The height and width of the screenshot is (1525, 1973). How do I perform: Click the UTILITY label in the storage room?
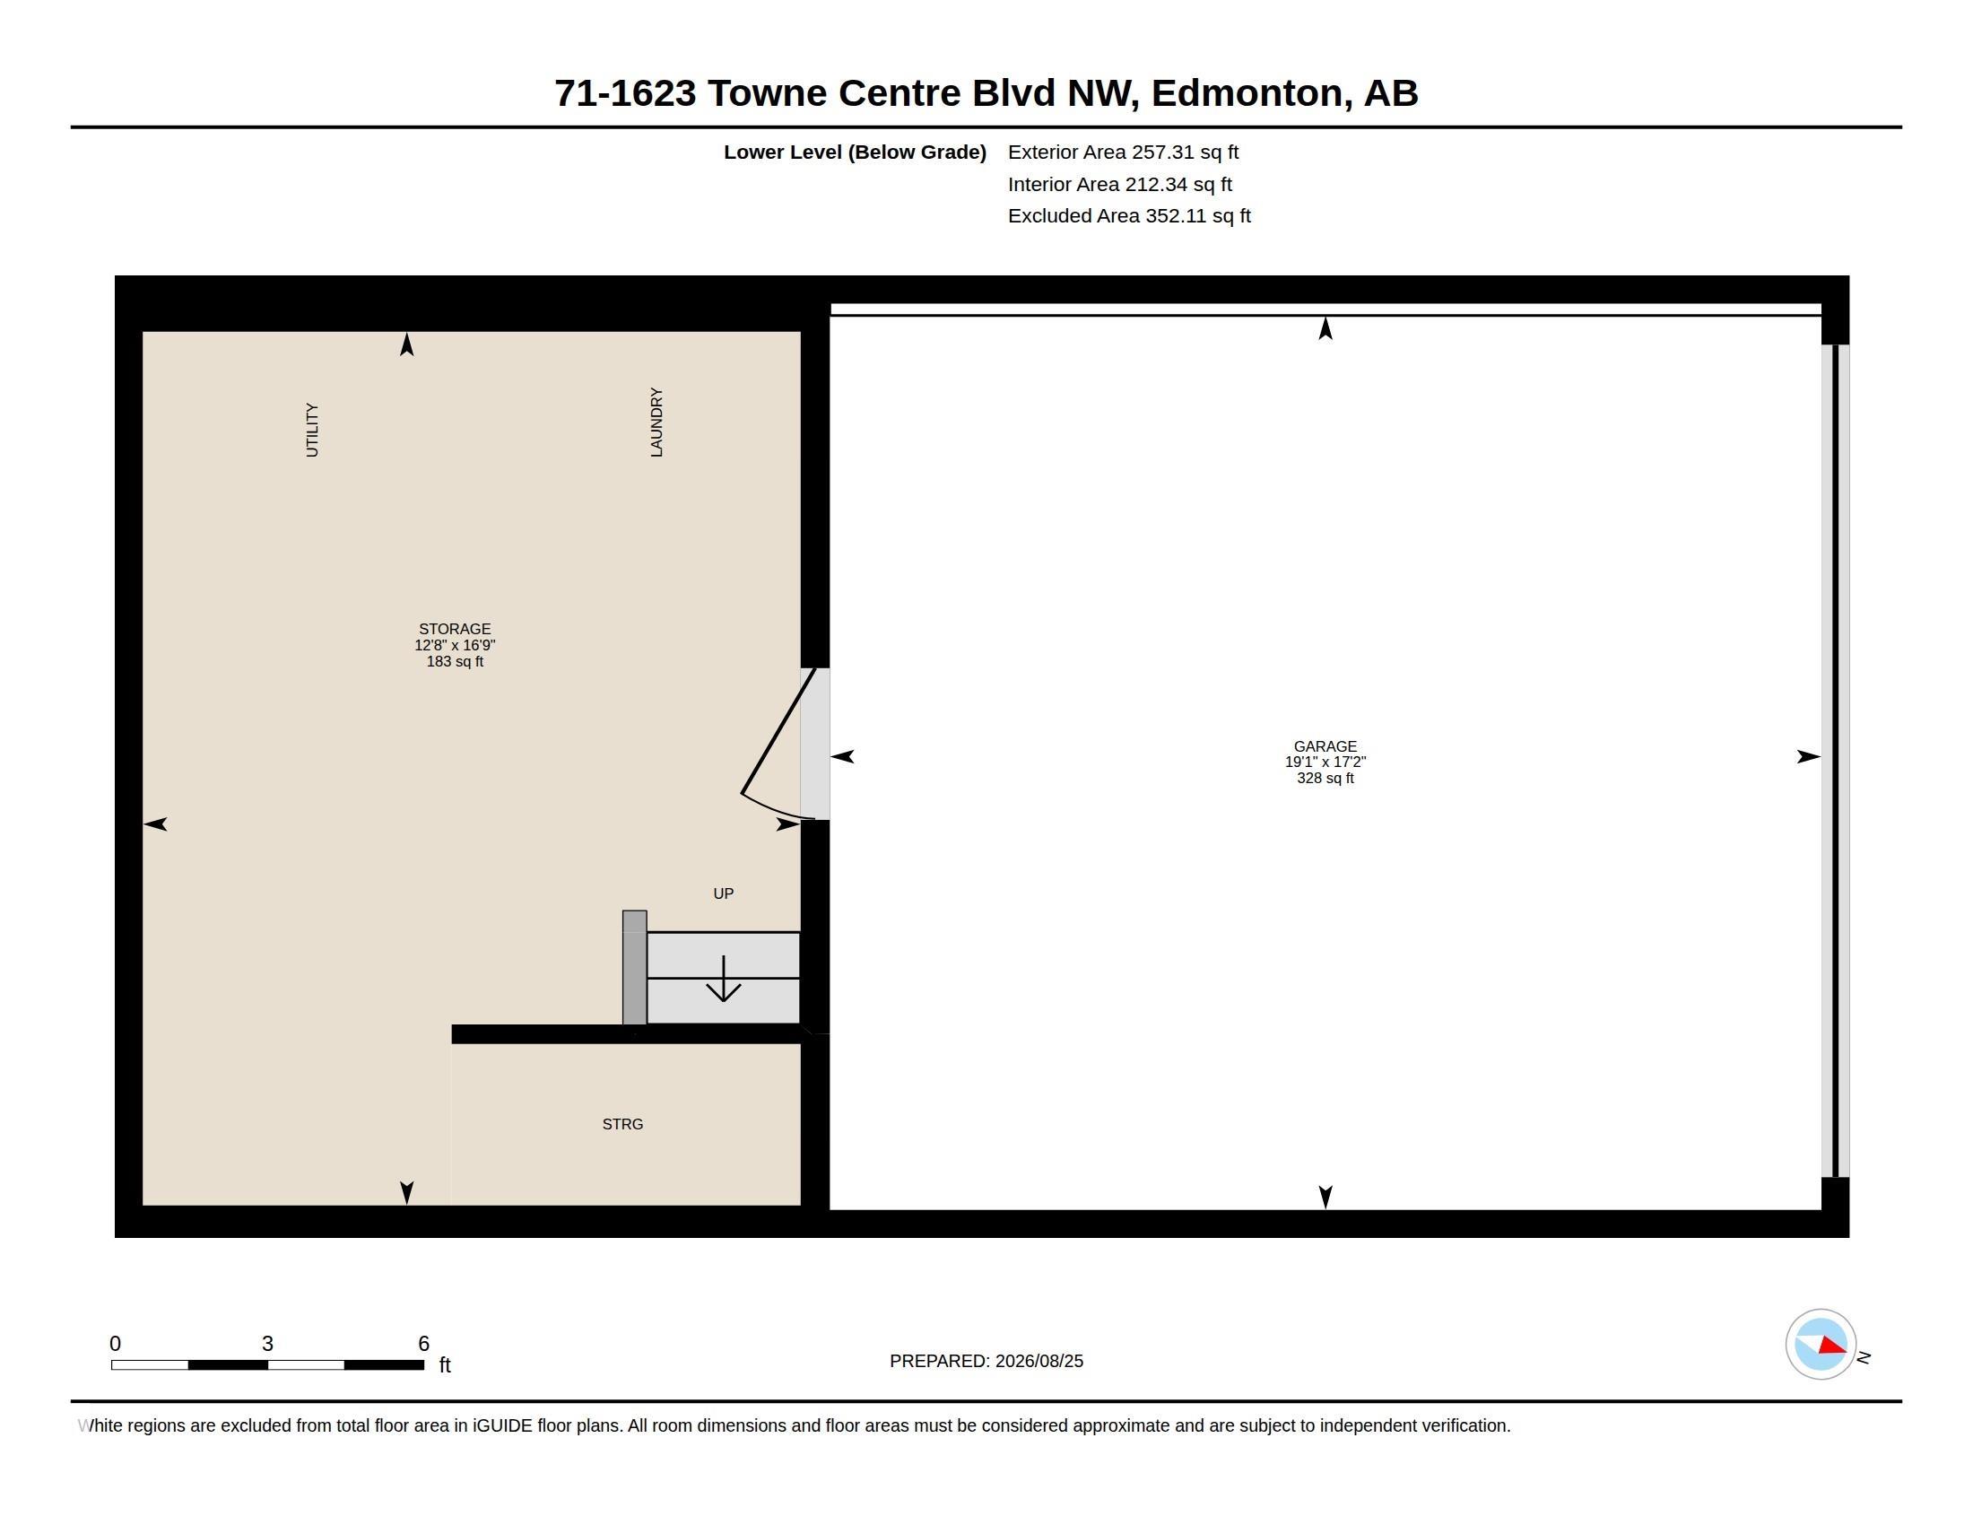(312, 430)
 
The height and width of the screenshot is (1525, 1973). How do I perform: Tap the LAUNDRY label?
(656, 422)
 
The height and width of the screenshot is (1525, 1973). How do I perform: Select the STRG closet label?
(622, 1124)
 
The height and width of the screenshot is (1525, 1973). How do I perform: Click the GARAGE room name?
(1325, 746)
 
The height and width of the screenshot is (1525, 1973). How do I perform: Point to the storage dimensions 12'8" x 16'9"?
(455, 645)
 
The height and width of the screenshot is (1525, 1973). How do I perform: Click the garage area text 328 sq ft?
(1325, 778)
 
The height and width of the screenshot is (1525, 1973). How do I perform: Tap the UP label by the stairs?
(724, 893)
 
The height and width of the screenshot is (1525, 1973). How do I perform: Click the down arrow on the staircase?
(724, 979)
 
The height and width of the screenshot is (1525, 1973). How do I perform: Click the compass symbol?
(1821, 1345)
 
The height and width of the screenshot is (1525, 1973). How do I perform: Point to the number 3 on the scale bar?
(267, 1344)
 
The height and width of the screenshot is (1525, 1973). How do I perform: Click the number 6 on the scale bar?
(423, 1344)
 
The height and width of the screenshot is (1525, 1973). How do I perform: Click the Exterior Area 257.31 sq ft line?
(1123, 152)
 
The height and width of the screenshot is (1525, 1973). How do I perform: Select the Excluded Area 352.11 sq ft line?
(1129, 216)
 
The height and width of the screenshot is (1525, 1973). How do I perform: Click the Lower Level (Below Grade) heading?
(855, 152)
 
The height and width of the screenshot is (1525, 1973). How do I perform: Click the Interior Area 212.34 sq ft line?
(1119, 184)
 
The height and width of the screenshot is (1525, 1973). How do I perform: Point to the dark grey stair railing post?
(634, 968)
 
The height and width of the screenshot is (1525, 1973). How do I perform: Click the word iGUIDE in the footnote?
(502, 1425)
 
